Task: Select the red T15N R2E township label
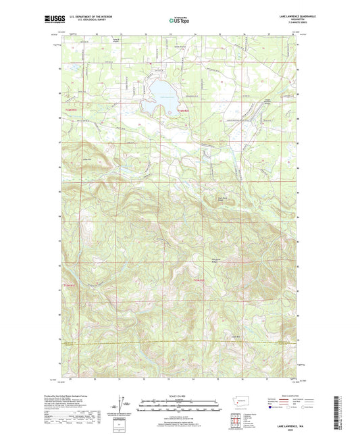tap(199, 279)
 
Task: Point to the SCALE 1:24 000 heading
tap(179, 395)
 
